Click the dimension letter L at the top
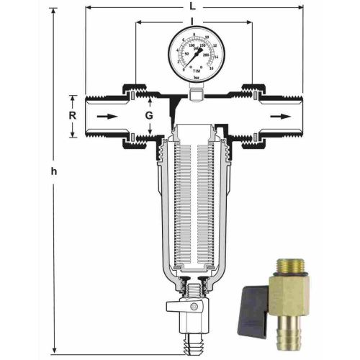[193, 6]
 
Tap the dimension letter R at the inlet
[72, 114]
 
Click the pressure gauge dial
[193, 52]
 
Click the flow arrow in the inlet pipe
[105, 114]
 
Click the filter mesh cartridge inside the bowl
[193, 209]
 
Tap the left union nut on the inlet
[132, 114]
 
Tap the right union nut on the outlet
[252, 114]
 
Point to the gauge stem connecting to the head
[193, 89]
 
